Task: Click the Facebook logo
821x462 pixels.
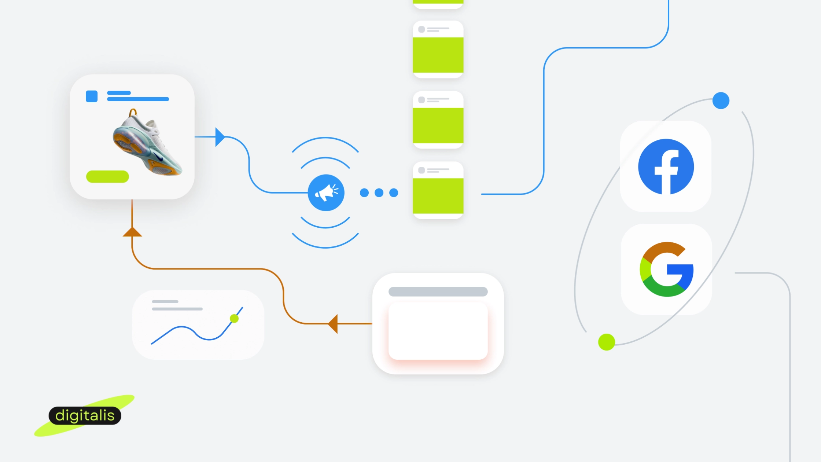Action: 666,166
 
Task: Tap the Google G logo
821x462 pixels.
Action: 666,269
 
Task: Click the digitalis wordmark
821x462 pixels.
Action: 85,415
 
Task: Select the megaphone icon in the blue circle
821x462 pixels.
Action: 326,192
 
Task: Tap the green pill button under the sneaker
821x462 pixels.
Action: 107,176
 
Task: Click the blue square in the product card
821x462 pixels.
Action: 92,96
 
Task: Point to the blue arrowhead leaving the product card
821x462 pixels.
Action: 220,137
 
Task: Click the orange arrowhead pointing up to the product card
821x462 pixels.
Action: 132,232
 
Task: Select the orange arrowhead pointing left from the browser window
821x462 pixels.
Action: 333,324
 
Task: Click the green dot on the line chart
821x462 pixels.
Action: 234,318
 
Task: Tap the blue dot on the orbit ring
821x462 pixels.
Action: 721,100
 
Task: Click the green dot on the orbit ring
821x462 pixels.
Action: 607,342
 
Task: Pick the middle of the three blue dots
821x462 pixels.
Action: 379,192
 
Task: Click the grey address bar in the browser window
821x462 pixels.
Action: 438,291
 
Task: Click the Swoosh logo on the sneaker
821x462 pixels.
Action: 159,158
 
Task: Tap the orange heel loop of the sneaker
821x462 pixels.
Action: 133,112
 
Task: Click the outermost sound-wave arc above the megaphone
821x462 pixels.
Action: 325,138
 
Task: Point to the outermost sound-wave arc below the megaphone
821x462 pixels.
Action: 325,247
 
